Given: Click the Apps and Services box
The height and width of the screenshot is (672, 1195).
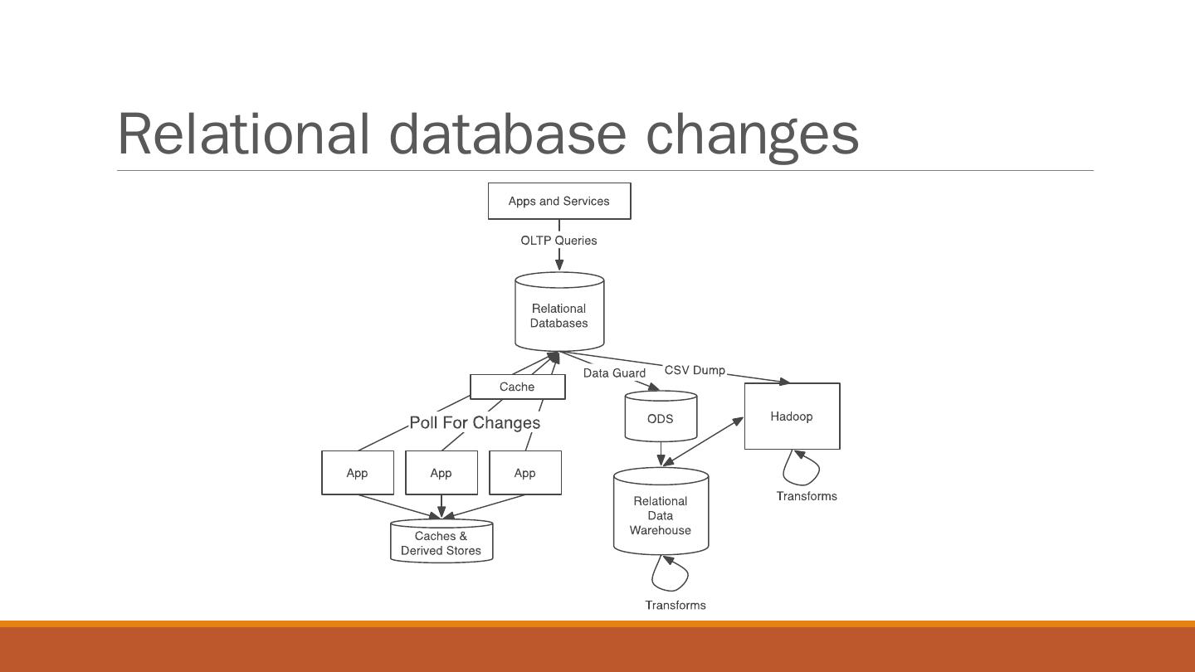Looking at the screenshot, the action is click(558, 201).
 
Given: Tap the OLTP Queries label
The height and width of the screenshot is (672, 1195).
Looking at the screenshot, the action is click(558, 241).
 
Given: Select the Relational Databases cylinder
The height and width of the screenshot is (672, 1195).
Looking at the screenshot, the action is click(558, 315).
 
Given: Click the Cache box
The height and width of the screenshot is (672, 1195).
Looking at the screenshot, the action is click(517, 387).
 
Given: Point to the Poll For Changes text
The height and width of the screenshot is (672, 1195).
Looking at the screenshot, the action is click(475, 423).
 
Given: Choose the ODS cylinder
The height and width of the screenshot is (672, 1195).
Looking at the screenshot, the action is click(661, 418).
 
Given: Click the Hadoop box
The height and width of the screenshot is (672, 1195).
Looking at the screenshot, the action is click(792, 416).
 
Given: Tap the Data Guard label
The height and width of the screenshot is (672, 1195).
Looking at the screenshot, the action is click(614, 373).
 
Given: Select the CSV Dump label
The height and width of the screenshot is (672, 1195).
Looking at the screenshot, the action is click(695, 370).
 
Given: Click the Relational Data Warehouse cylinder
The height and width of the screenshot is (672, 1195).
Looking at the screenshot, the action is click(661, 515).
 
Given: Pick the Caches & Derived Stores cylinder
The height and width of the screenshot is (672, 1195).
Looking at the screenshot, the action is click(441, 543).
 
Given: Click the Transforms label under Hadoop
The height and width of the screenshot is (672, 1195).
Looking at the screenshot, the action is click(807, 496).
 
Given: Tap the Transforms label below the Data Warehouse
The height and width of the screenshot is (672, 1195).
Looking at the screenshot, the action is click(676, 605).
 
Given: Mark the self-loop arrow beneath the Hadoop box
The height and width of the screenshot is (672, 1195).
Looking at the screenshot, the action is click(803, 470).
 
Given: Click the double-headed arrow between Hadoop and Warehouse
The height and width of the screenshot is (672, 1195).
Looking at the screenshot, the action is click(705, 441).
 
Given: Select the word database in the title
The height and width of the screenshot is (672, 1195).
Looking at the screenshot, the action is click(507, 134).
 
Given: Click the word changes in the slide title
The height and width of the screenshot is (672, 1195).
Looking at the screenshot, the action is click(752, 134).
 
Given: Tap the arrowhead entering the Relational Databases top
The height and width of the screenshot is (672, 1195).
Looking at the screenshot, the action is click(559, 264).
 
